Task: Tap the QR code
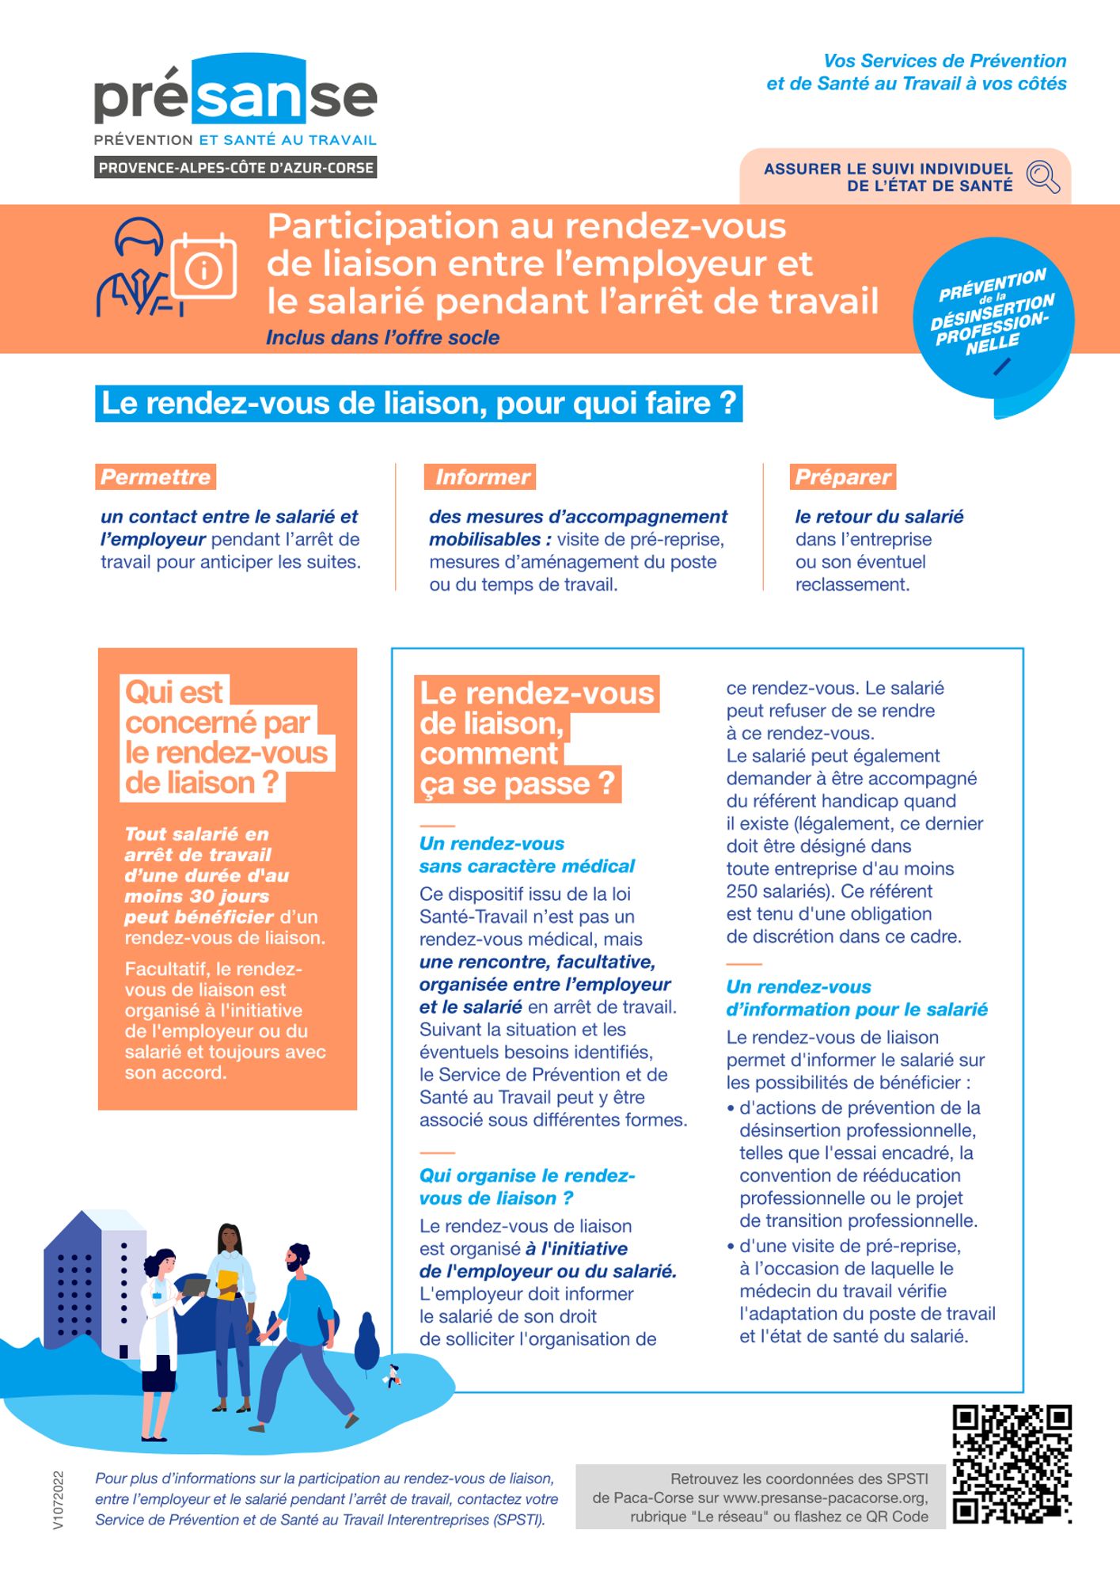tap(1011, 1463)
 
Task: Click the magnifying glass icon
tap(1042, 177)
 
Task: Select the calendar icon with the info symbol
tap(204, 267)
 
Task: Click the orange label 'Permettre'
tap(156, 477)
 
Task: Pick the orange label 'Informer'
tap(480, 477)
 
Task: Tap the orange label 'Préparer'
tap(843, 477)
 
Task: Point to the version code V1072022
tap(58, 1500)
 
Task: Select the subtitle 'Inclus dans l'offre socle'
tap(382, 338)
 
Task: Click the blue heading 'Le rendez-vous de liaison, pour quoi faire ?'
tap(419, 404)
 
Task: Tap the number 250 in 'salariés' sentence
tap(742, 891)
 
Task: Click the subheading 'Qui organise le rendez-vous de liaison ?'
tap(526, 1186)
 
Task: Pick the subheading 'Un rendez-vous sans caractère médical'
tap(526, 855)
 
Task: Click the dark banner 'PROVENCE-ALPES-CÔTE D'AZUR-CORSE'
tap(235, 168)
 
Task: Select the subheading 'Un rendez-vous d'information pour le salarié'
tap(856, 998)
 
